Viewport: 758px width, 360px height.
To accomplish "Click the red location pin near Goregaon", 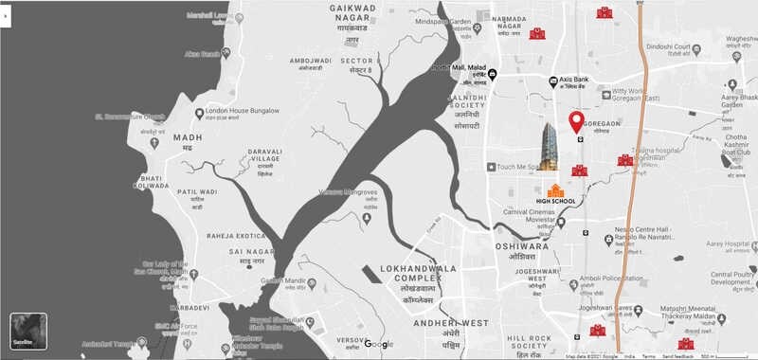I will coord(575,122).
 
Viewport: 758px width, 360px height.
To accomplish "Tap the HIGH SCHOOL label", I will coord(555,201).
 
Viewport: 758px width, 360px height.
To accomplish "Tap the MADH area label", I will coord(188,137).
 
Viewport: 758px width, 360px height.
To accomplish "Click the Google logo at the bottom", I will coord(379,343).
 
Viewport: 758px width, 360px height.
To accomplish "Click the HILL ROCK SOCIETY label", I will coord(529,343).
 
